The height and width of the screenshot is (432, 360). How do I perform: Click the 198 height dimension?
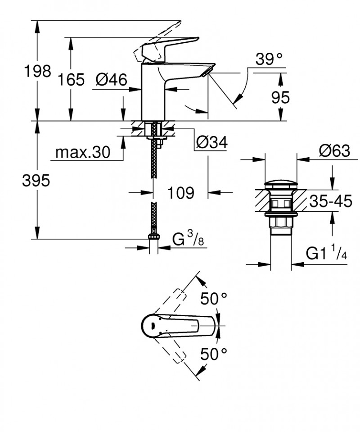(x=38, y=72)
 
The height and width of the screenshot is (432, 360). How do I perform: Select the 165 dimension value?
(x=71, y=80)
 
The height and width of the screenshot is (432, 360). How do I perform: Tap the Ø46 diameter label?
(x=110, y=80)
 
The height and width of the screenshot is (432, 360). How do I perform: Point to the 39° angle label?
(x=268, y=59)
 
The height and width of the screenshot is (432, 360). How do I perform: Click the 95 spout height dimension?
(x=280, y=97)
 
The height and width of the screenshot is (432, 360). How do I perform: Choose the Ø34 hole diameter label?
(x=211, y=142)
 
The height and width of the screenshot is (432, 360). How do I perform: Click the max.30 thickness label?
(x=82, y=153)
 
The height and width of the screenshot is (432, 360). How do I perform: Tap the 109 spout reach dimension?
(x=180, y=193)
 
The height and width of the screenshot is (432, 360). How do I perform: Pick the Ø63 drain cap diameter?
(x=334, y=151)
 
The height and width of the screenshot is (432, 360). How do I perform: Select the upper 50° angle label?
(x=214, y=298)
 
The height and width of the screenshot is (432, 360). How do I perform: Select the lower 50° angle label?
(x=214, y=354)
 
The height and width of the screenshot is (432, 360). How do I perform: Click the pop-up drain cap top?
(x=281, y=184)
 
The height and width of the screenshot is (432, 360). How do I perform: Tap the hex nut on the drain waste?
(x=281, y=223)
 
